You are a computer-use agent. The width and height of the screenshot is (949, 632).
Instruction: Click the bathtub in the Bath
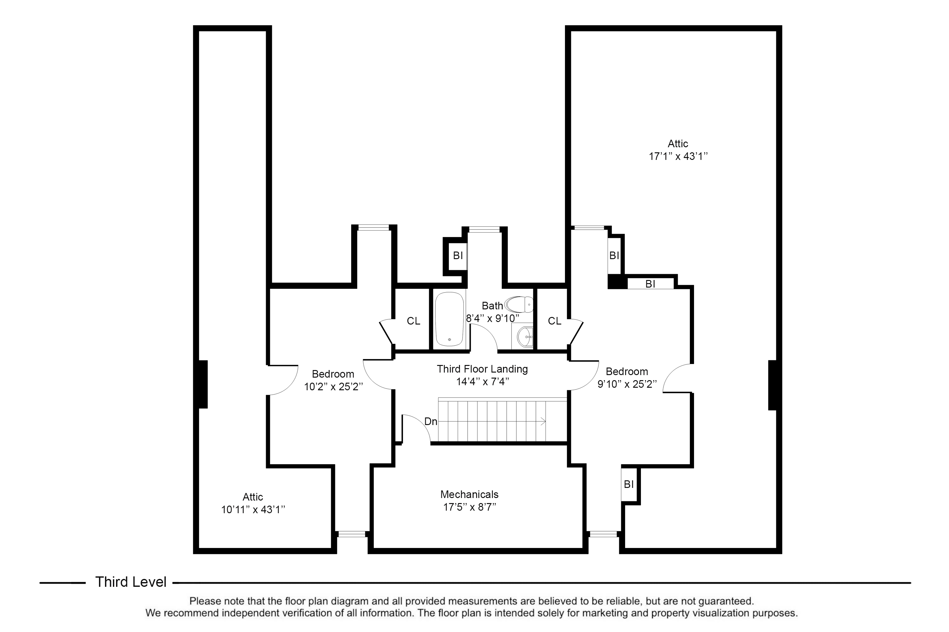(449, 319)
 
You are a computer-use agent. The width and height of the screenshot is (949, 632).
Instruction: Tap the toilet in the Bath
(520, 304)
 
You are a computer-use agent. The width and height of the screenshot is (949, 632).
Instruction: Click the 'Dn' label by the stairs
(431, 422)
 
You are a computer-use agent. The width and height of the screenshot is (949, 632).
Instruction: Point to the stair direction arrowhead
(543, 422)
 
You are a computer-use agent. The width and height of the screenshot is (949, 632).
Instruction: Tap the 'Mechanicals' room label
(469, 494)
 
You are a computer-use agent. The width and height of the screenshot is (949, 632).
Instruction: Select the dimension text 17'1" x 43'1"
(678, 156)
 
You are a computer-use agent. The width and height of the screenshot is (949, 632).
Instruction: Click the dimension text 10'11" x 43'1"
(253, 509)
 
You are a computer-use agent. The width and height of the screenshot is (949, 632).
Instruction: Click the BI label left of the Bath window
(458, 256)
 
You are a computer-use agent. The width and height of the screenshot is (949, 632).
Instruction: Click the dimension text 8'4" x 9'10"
(493, 319)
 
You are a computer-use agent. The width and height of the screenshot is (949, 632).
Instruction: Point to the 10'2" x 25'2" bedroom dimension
(333, 387)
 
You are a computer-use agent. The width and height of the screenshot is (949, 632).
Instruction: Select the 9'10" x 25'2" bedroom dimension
(627, 384)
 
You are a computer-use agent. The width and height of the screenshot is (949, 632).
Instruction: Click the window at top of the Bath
(484, 229)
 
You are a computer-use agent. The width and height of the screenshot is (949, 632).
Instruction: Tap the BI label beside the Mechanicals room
(629, 484)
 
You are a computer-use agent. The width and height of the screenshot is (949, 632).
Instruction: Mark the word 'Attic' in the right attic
(678, 144)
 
